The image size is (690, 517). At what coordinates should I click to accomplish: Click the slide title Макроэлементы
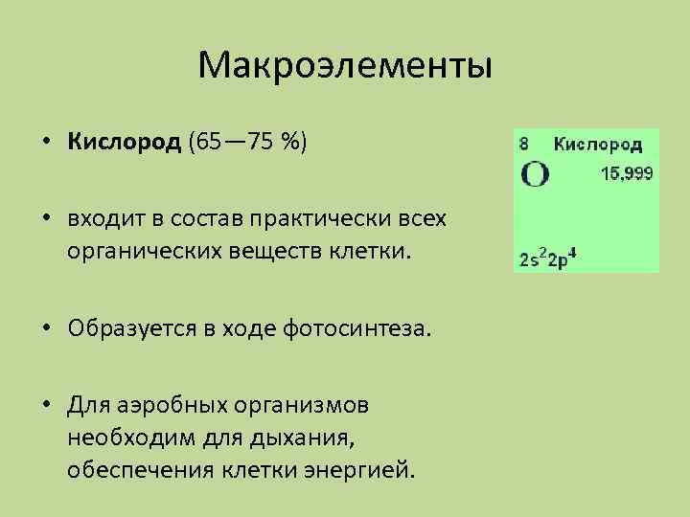click(345, 66)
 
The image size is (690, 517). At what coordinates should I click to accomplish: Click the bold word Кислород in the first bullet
click(124, 144)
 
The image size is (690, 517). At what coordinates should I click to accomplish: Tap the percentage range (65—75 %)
click(248, 144)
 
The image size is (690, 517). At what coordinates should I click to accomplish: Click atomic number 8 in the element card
click(524, 144)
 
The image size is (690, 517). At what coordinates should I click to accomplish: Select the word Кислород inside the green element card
click(598, 145)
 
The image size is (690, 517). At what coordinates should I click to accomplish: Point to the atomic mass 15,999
click(627, 174)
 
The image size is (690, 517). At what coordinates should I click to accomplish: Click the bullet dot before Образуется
click(46, 331)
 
